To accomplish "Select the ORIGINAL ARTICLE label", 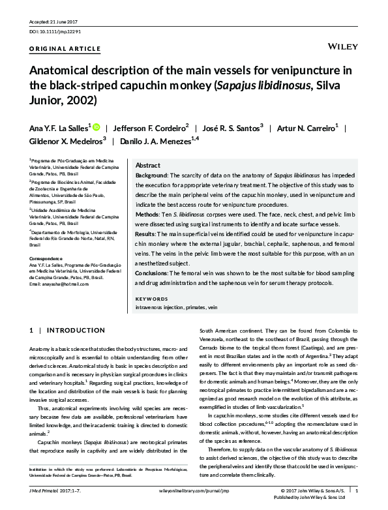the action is (x=65, y=49).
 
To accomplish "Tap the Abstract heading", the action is (x=147, y=166).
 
